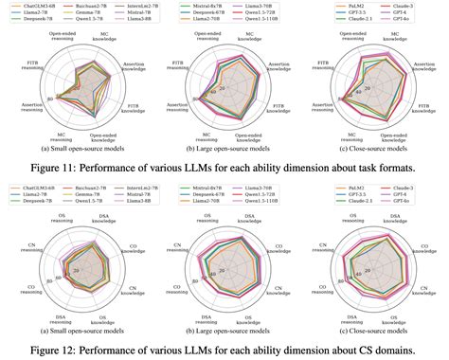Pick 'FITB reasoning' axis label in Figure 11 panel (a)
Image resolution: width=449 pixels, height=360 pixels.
(27, 69)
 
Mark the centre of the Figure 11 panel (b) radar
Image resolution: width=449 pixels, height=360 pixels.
(225, 90)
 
